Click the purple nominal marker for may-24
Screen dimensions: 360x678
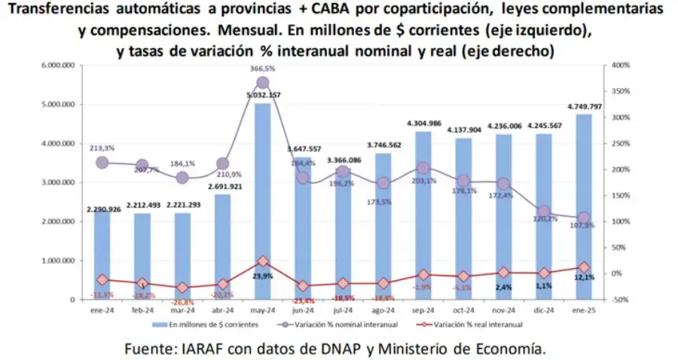point(263,83)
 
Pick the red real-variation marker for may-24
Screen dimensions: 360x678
point(263,261)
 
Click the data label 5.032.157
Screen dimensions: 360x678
point(263,95)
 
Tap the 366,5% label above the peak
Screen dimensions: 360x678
point(263,69)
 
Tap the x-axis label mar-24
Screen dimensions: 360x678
point(182,310)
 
